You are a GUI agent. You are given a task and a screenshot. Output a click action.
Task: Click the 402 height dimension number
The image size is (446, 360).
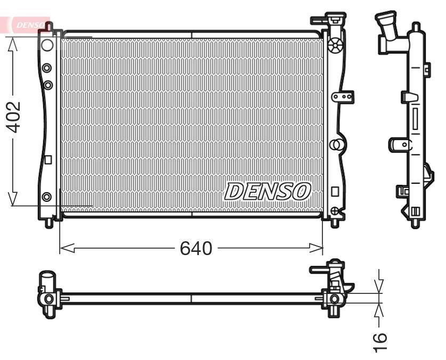pyautogui.click(x=13, y=117)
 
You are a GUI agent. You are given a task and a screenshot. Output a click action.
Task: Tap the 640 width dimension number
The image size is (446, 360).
pyautogui.click(x=196, y=248)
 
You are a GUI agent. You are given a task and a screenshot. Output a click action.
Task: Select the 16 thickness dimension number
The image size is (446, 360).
pyautogui.click(x=379, y=338)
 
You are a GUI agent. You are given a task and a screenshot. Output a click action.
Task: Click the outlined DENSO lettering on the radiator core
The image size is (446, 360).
pyautogui.click(x=267, y=191)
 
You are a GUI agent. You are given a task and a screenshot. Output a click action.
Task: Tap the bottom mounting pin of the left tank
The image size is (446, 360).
pyautogui.click(x=49, y=222)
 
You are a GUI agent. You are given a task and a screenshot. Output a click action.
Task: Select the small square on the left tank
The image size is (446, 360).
pyautogui.click(x=47, y=159)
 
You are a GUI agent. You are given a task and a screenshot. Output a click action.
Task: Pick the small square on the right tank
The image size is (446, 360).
pyautogui.click(x=335, y=191)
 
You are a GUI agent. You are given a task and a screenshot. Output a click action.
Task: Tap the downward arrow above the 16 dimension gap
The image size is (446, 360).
pyautogui.click(x=379, y=287)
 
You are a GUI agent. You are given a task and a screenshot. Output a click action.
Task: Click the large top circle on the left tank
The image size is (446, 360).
pyautogui.click(x=47, y=44)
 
